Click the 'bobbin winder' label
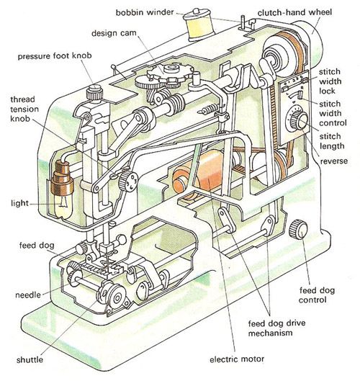click(145, 12)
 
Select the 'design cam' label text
click(114, 33)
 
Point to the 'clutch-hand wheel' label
click(294, 12)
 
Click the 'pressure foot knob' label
click(55, 56)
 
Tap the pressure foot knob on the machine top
click(94, 92)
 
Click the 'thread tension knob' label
click(24, 109)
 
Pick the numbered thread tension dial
click(127, 180)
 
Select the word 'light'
click(19, 203)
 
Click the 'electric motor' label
click(237, 359)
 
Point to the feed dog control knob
click(298, 228)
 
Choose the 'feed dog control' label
click(317, 295)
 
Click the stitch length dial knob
click(300, 120)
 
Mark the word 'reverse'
click(334, 161)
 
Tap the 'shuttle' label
click(30, 359)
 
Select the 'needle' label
click(28, 295)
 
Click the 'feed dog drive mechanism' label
click(276, 328)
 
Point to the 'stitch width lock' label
click(330, 81)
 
